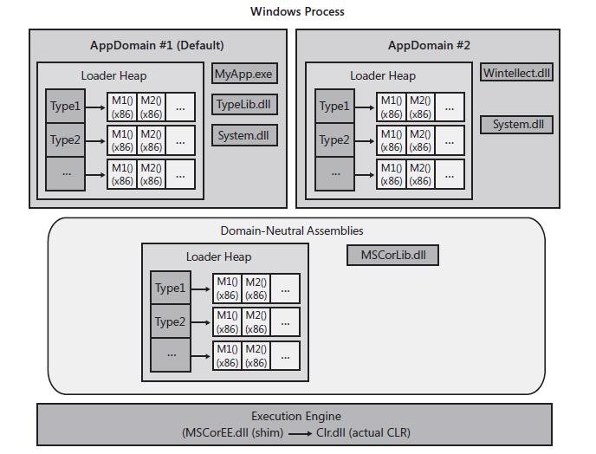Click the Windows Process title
click(x=297, y=11)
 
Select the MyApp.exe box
click(x=243, y=75)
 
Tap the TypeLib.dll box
click(x=243, y=106)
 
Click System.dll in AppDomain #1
click(x=243, y=136)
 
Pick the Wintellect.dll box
click(x=516, y=73)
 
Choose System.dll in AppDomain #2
click(x=516, y=125)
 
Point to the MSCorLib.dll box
click(x=393, y=256)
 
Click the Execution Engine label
click(x=296, y=416)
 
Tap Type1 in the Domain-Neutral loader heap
click(x=171, y=288)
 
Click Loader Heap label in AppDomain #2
click(x=382, y=75)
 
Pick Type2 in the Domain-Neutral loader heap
click(x=171, y=321)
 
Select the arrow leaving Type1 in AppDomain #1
click(x=96, y=107)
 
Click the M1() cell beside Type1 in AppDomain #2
click(x=391, y=107)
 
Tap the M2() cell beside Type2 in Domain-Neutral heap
click(x=256, y=321)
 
